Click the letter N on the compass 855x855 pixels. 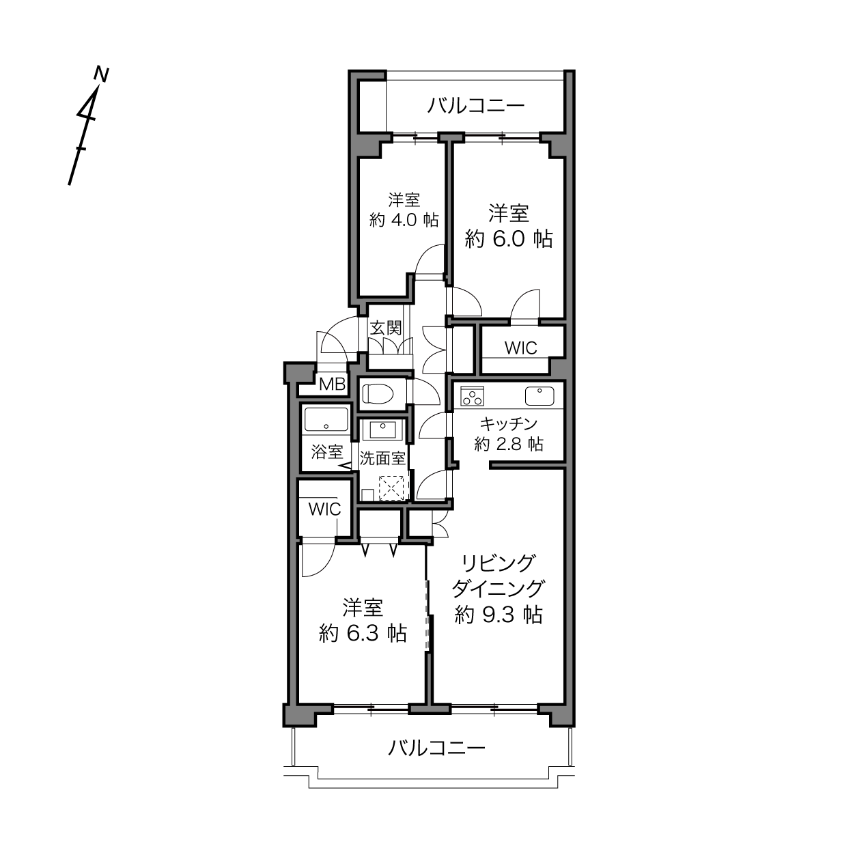click(102, 74)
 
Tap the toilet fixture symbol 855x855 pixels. click(378, 393)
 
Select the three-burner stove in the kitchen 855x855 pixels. click(472, 396)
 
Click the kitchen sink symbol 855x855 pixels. click(539, 396)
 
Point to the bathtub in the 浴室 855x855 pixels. click(326, 419)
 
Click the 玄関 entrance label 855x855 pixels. click(386, 328)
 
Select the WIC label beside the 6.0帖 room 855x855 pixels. click(520, 348)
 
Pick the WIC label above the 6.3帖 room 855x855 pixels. click(325, 509)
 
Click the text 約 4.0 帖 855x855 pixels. click(404, 220)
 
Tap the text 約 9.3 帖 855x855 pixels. click(499, 615)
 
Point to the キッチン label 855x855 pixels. click(509, 424)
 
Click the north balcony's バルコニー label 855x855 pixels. click(476, 106)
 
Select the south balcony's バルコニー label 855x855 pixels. click(437, 748)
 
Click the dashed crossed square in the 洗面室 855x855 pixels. click(391, 488)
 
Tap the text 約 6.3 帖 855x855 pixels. click(363, 633)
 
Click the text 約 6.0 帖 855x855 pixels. click(509, 239)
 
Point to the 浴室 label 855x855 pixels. click(327, 452)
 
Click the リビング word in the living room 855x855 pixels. click(498, 563)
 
